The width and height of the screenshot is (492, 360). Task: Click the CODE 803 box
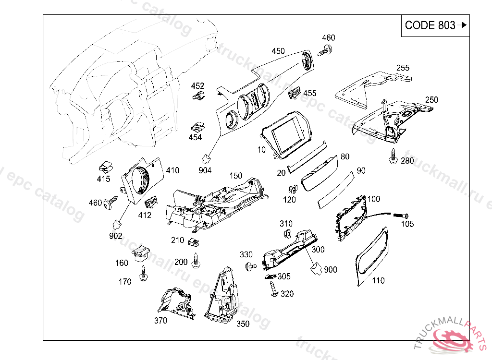coord(435,25)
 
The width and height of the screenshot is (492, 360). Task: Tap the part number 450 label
coord(278,51)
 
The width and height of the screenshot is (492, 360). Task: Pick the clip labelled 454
coord(197,127)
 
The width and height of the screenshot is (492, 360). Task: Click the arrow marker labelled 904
coord(207,158)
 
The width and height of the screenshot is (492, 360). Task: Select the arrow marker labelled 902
coord(117,224)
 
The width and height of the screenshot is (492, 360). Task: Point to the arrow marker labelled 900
coord(316,267)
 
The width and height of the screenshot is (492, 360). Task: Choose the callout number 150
coord(235,176)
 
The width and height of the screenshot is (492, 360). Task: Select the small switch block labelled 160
coord(141,252)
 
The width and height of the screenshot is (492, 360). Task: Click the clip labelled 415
coord(105,168)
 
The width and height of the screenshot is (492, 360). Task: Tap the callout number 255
coord(403,68)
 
